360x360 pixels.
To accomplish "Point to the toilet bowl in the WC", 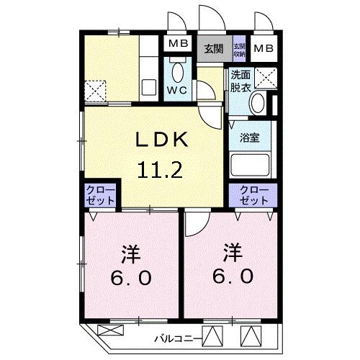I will [178, 72].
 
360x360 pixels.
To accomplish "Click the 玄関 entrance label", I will [212, 49].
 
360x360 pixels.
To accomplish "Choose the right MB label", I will [264, 49].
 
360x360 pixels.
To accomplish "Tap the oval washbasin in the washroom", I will [257, 104].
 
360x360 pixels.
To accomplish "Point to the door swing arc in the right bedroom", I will [194, 225].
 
